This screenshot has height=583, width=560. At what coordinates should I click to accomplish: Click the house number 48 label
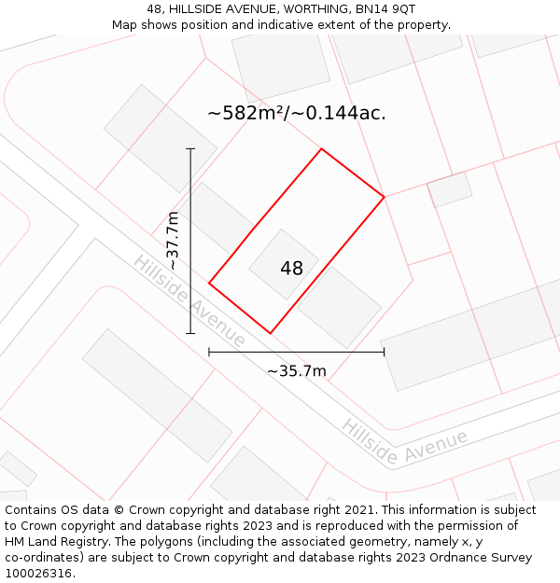point(291,269)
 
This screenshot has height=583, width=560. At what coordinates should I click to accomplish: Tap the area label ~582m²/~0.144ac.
point(296,113)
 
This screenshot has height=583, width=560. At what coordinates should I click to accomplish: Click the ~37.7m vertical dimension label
point(173,241)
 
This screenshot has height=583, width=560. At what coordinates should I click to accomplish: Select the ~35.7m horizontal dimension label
point(297,371)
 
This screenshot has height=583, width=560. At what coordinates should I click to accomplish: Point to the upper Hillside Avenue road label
point(189,300)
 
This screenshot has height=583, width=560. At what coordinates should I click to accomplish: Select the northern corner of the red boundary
point(322,149)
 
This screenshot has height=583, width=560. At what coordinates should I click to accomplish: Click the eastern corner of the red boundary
point(385,197)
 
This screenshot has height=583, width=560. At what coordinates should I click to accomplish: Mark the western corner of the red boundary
point(209,283)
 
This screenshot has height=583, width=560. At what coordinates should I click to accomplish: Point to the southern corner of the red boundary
point(271,333)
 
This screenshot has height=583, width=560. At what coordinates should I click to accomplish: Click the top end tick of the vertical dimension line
point(190,148)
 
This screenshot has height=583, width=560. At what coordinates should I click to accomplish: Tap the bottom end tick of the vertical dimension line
point(190,333)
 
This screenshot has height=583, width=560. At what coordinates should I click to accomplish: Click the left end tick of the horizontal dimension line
point(209,352)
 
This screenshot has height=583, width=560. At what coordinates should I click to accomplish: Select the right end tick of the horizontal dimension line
point(385,352)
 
